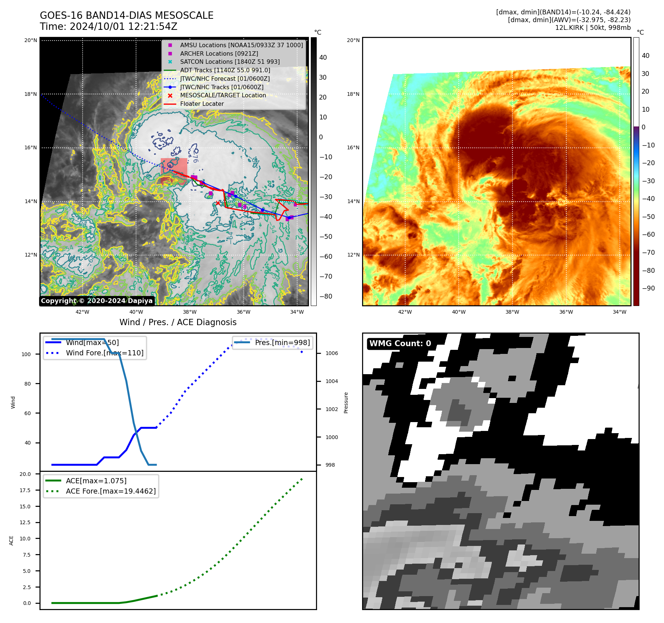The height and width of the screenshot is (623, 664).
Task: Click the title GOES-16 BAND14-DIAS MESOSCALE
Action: point(126,15)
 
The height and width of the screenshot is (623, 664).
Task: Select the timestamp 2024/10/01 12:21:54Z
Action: point(124,27)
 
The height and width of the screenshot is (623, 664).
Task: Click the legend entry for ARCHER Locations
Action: point(219,53)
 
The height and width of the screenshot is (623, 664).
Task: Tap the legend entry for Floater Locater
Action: point(202,104)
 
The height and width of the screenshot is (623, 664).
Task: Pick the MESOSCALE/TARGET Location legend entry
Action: point(223,95)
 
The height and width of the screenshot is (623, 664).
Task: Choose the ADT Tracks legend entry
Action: point(225,70)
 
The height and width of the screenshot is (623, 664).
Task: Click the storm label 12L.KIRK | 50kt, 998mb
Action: point(592,28)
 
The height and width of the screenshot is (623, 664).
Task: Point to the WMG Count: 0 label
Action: point(400,344)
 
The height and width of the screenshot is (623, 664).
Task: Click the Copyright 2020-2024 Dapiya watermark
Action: point(97,301)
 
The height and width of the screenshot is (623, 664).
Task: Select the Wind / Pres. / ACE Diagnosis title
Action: point(178,322)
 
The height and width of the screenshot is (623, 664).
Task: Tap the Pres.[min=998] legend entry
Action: point(282,342)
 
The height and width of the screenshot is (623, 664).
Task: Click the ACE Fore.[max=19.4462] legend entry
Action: point(111,491)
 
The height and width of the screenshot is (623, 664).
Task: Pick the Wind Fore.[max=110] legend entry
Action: point(104,353)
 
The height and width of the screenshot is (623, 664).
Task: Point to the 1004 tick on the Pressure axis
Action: point(331,381)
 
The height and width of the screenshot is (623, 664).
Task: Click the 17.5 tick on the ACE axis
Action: point(26,490)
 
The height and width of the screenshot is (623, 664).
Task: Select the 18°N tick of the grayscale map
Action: point(31,94)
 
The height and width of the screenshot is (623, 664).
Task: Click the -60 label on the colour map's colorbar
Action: point(648,234)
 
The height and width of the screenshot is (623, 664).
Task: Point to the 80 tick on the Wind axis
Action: point(28,384)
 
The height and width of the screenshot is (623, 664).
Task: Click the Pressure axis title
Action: point(346,403)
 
